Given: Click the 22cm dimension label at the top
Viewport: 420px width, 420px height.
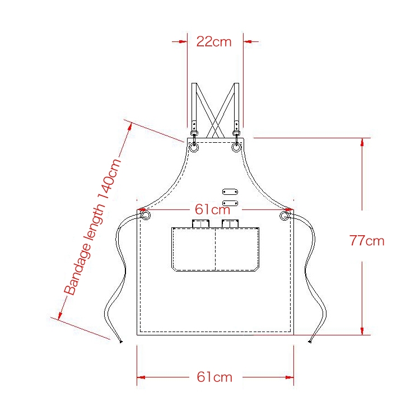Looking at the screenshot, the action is coord(214,42).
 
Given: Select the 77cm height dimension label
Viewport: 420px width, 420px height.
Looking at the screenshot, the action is coord(367,241).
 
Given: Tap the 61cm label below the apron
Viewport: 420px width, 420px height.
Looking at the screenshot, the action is coord(214,377).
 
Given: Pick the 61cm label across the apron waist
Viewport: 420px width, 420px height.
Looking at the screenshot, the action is coord(212,209).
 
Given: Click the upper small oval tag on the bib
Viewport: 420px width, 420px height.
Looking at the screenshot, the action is coord(230,192).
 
